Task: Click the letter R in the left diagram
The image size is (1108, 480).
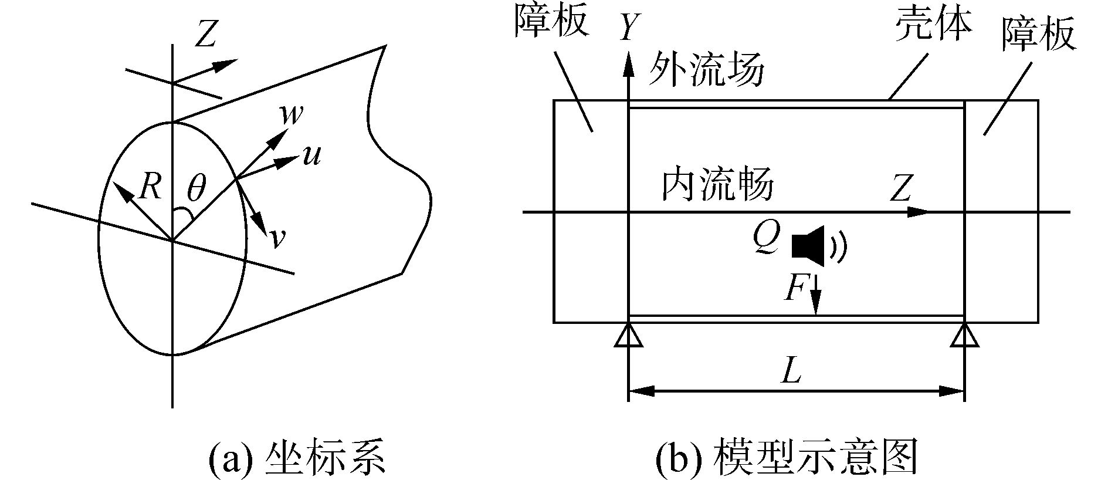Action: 151,188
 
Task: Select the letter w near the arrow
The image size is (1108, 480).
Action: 292,115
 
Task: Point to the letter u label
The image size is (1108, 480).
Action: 312,156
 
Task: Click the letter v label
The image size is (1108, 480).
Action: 277,237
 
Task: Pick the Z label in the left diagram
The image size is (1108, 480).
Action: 205,35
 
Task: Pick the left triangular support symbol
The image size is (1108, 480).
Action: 628,337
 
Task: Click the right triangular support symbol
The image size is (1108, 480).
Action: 965,337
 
